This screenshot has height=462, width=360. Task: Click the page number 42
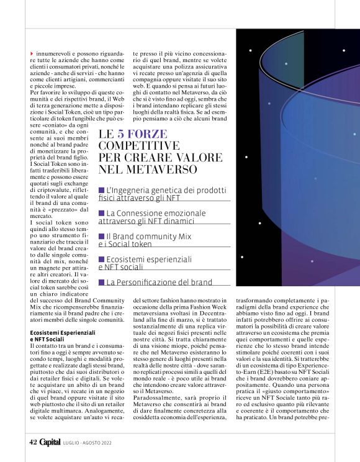point(32,442)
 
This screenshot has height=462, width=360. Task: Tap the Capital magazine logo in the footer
point(50,442)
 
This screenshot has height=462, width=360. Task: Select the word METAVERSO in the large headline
point(161,168)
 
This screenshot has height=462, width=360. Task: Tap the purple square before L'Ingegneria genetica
point(102,189)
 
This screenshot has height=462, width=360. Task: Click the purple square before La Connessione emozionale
point(102,213)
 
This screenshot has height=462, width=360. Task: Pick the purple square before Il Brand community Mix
point(102,237)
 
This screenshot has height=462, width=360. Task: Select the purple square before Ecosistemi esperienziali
point(102,259)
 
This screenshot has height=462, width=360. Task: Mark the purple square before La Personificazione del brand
point(102,282)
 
